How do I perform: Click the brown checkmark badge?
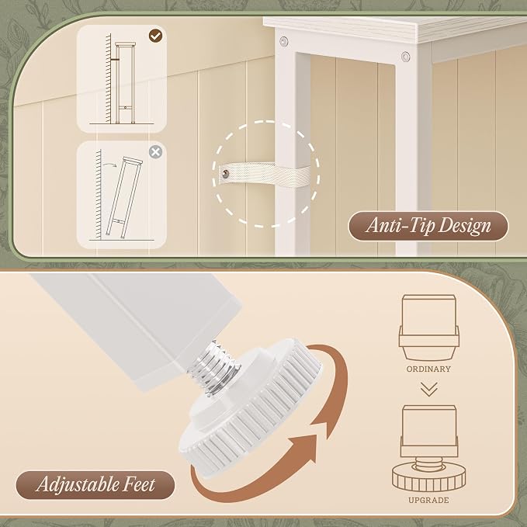point(155,36)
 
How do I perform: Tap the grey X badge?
point(155,152)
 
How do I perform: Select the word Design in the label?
point(465,226)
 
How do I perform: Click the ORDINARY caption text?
point(428,369)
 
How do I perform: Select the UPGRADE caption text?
point(428,500)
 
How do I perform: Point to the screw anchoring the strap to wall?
point(225,173)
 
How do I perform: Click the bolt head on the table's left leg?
point(284,41)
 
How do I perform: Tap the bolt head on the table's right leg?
point(406,56)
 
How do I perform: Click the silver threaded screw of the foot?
point(216,367)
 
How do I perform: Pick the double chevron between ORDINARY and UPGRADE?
point(429,389)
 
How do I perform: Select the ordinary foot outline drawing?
point(428,327)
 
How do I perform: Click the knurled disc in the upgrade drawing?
point(429,478)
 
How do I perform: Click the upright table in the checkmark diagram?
point(125,83)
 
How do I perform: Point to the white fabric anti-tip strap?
point(265,174)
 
